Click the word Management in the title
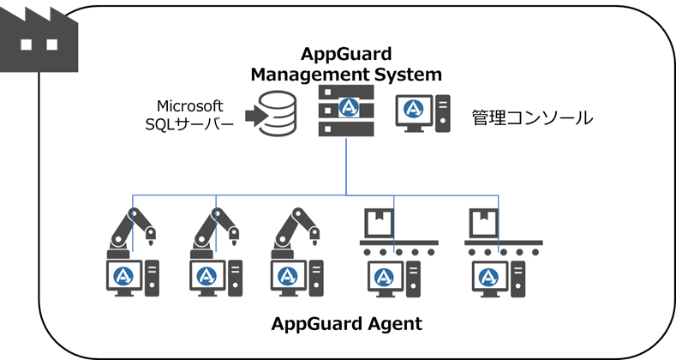(308, 75)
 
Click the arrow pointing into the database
(254, 114)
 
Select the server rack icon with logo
(346, 111)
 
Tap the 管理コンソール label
(531, 118)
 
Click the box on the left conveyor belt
(379, 223)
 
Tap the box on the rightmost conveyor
(483, 223)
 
